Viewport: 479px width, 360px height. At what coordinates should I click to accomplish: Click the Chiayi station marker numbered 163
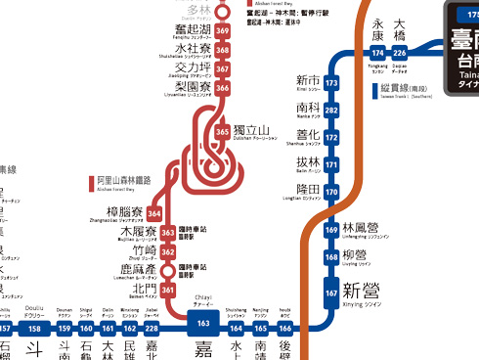point(203,323)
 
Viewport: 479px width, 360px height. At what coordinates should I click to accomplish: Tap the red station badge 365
point(223,131)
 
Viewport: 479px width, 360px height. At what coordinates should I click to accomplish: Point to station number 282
point(331,111)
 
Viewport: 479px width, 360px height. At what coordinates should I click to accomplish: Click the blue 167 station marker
point(331,292)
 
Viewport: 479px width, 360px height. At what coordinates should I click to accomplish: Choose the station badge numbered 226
point(399,52)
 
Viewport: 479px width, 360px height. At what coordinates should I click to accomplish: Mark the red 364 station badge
point(154,214)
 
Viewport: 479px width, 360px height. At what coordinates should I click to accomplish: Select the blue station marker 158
point(36,329)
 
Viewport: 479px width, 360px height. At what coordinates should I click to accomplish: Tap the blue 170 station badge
point(331,191)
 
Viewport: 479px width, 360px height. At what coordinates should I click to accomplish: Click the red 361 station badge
point(167,290)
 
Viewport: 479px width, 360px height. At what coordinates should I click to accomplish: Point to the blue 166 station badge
point(285,329)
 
